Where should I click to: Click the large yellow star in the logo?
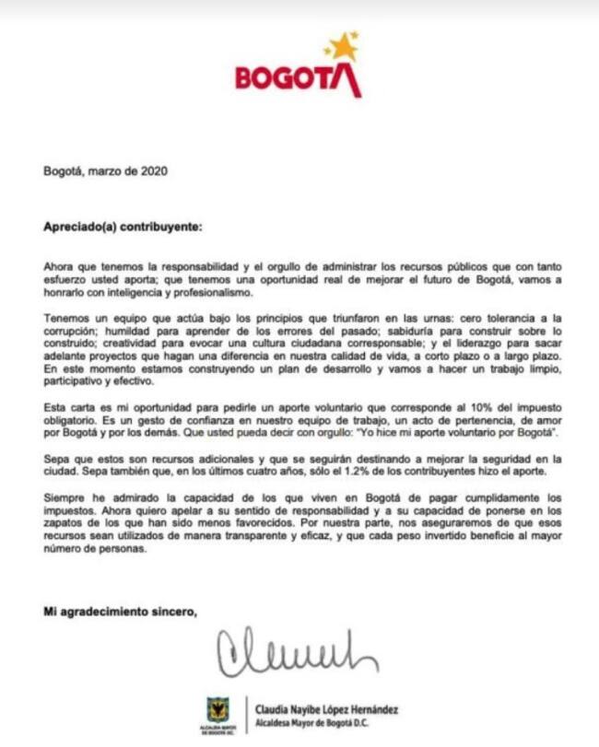[344, 45]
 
